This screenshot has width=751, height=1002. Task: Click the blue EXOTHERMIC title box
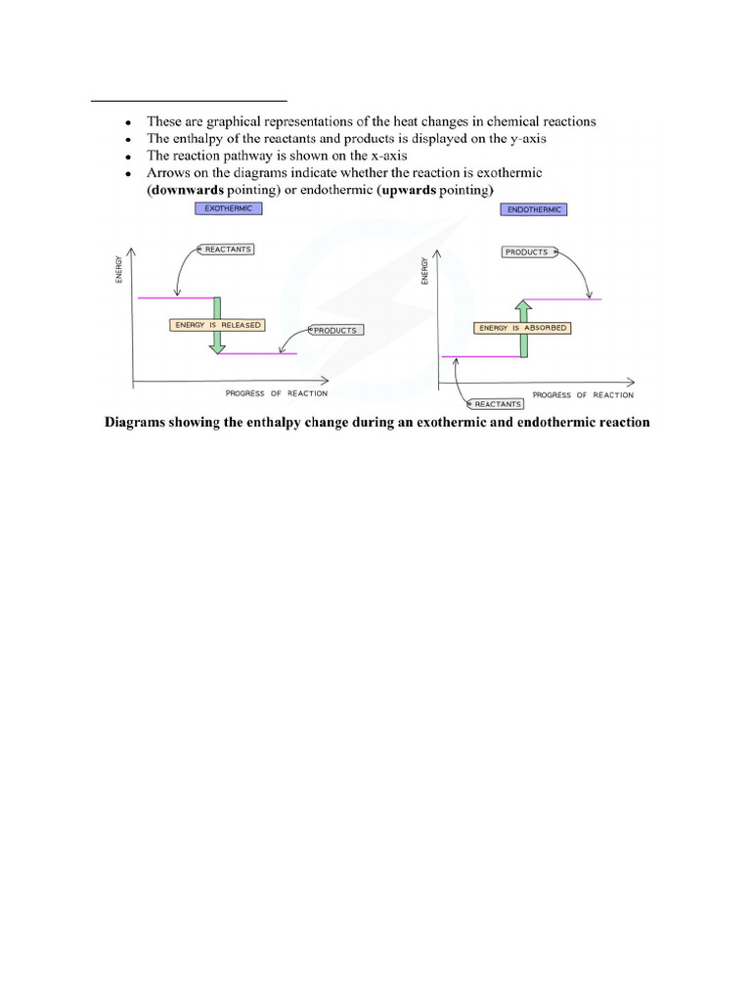coord(228,208)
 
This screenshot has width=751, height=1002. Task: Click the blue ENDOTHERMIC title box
coord(533,209)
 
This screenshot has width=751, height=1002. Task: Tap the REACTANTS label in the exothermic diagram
coord(227,250)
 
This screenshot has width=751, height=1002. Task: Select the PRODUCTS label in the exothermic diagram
coord(335,331)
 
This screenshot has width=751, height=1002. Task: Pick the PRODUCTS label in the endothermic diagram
coord(527,251)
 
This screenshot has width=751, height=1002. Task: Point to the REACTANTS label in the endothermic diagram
coord(498,403)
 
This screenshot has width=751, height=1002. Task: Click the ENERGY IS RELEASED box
coord(217,325)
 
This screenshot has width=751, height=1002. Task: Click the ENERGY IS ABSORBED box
coord(522,328)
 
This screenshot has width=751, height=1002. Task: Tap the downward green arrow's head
coord(217,345)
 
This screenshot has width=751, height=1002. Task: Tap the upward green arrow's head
coord(523,307)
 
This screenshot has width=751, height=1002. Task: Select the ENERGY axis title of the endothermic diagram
coord(424,271)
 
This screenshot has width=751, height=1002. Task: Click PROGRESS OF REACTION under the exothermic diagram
coord(277,393)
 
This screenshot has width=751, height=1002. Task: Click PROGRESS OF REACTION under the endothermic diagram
coord(583,394)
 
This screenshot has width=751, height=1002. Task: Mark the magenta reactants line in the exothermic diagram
coord(176,297)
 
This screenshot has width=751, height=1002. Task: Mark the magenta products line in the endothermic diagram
coord(563,298)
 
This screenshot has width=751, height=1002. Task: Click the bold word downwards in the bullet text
coord(187,189)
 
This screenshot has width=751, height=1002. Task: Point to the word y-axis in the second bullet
coord(524,139)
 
